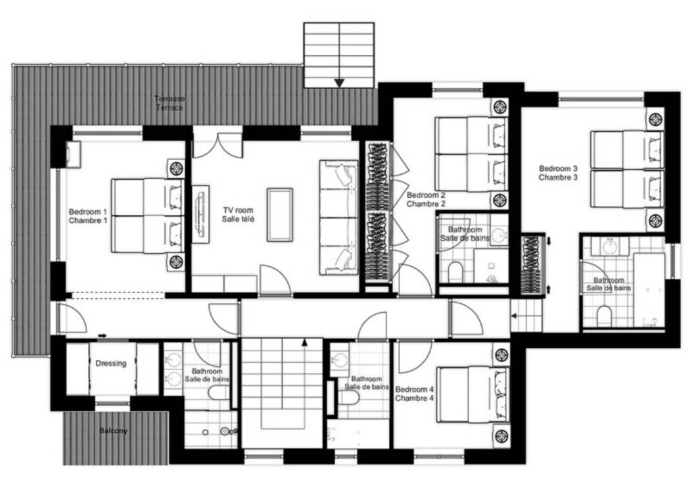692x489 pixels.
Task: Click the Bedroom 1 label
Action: click(x=88, y=216)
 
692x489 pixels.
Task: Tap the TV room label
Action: click(x=239, y=215)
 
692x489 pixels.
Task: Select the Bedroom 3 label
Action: click(x=558, y=173)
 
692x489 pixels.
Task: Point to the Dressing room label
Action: click(x=111, y=363)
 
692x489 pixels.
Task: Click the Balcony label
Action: click(x=114, y=430)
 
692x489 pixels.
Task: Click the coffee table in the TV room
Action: click(x=280, y=215)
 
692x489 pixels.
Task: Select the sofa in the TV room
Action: click(x=339, y=217)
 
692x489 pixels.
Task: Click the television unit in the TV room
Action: click(x=200, y=214)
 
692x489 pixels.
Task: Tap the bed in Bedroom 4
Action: click(x=472, y=395)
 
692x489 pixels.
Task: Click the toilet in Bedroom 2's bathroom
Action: click(x=455, y=272)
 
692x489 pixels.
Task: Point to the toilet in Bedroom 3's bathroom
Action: click(x=603, y=317)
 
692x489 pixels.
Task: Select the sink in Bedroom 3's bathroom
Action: click(x=610, y=247)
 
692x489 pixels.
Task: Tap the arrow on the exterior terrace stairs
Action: click(x=339, y=83)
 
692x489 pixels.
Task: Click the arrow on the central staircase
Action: click(x=305, y=342)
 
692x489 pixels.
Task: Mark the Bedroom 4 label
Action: click(x=414, y=394)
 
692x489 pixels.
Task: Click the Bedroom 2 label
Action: click(x=426, y=199)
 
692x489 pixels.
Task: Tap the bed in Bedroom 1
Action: click(x=147, y=215)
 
